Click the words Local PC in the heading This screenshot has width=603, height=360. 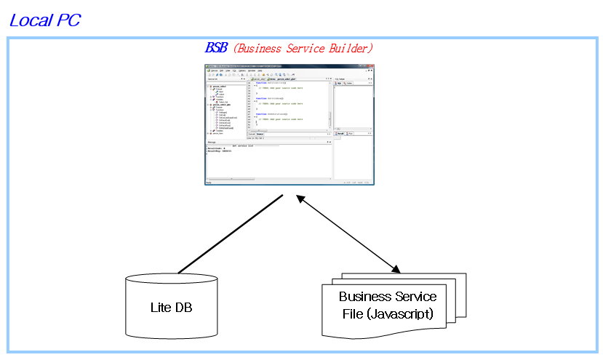(44, 20)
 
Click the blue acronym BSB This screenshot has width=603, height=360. (216, 48)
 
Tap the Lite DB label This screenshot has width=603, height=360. (171, 307)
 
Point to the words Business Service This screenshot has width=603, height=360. (388, 297)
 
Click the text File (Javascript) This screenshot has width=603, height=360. (388, 314)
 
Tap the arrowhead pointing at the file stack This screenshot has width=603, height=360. (396, 268)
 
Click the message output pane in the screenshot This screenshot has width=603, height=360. (269, 162)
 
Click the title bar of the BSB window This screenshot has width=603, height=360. (291, 66)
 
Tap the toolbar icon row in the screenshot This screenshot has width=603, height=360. (262, 74)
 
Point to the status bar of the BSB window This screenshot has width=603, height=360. (291, 182)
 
